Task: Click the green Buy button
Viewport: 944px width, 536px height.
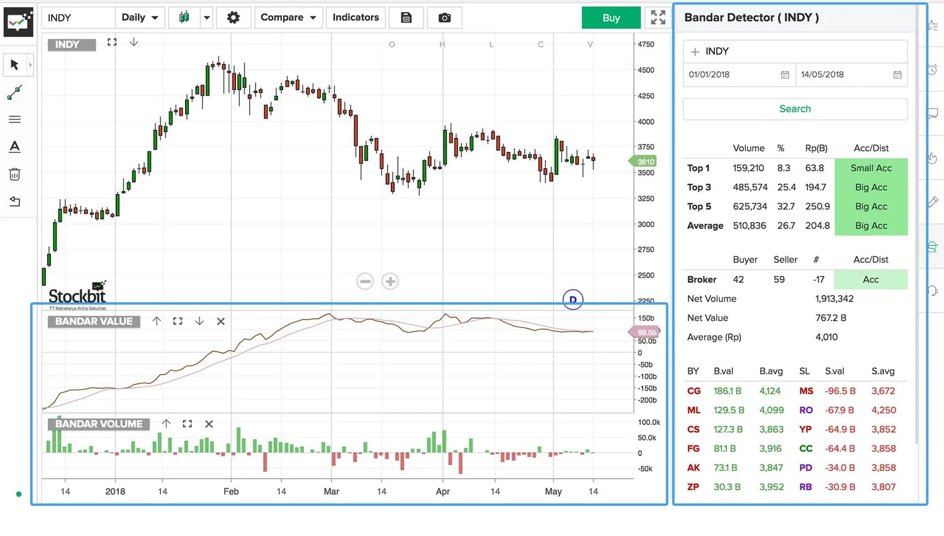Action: (610, 18)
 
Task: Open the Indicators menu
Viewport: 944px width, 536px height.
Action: (356, 18)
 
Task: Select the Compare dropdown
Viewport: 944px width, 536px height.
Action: (288, 18)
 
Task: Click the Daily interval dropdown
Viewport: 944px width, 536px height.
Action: (140, 18)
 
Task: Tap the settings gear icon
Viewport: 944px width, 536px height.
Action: (233, 18)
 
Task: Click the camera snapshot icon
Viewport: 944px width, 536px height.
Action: (444, 18)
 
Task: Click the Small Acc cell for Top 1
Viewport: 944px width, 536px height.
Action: (871, 168)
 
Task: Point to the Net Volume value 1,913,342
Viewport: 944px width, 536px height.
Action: (834, 299)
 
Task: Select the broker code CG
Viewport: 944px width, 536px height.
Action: (694, 391)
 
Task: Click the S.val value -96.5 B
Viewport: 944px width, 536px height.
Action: (840, 391)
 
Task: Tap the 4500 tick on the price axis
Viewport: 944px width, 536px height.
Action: (646, 70)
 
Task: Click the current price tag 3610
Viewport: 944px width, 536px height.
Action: (645, 162)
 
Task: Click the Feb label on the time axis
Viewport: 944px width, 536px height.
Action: (231, 491)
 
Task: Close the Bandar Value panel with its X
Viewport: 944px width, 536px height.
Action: (221, 321)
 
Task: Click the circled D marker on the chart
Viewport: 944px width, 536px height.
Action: (573, 300)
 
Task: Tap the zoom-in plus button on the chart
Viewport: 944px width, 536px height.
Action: (390, 282)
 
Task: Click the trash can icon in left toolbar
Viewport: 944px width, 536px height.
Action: (14, 174)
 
